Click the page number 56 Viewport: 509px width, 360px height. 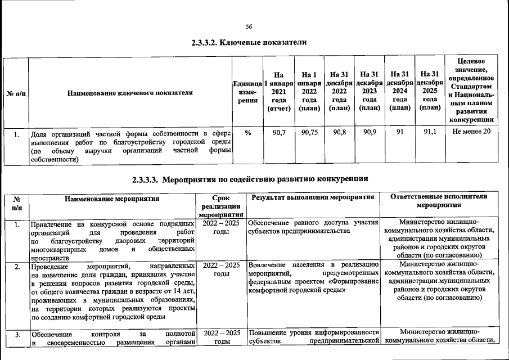point(249,26)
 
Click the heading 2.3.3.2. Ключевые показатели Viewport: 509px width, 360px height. point(249,43)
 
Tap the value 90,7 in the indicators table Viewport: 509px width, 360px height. point(279,133)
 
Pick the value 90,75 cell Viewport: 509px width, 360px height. point(309,133)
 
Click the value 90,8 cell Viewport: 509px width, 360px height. point(339,133)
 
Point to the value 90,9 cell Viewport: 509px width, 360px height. point(370,133)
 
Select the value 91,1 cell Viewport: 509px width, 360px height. point(430,133)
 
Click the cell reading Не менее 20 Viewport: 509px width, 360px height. point(471,133)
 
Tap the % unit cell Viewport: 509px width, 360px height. point(248,133)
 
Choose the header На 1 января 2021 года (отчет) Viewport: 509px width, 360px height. point(279,91)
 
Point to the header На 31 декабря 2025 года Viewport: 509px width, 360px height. point(430,91)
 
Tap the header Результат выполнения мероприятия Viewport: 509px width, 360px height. point(313,199)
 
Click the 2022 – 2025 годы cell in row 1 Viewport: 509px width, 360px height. point(221,228)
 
